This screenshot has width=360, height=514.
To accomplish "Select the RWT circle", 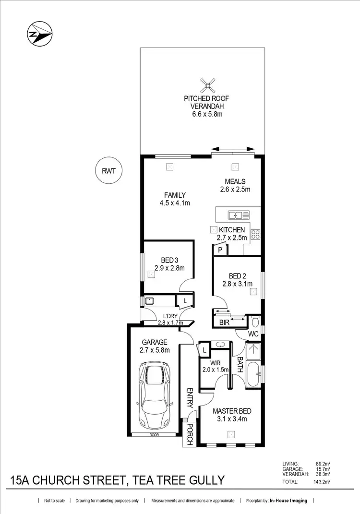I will [x=109, y=170].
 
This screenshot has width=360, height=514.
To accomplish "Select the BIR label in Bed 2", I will [x=224, y=323].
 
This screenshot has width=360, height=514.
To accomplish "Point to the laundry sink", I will [x=150, y=301].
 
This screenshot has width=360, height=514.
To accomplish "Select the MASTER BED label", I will [x=232, y=411].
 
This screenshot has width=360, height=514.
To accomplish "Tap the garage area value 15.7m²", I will [x=323, y=469].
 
